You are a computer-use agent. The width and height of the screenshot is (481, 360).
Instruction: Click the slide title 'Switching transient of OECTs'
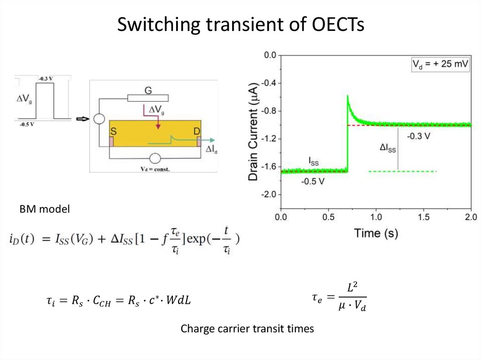click(240, 24)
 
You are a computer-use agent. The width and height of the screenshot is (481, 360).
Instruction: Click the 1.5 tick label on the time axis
click(423, 217)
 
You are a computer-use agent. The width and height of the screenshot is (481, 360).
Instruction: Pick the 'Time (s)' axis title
click(376, 233)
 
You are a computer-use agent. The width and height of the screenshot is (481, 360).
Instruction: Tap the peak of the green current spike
click(348, 96)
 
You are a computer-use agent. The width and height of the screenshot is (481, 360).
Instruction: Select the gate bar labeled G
click(148, 98)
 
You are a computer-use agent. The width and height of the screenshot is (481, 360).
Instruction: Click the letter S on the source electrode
click(113, 130)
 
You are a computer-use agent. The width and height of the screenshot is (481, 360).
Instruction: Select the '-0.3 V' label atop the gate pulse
click(46, 78)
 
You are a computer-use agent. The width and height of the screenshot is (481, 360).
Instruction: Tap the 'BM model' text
click(44, 209)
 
